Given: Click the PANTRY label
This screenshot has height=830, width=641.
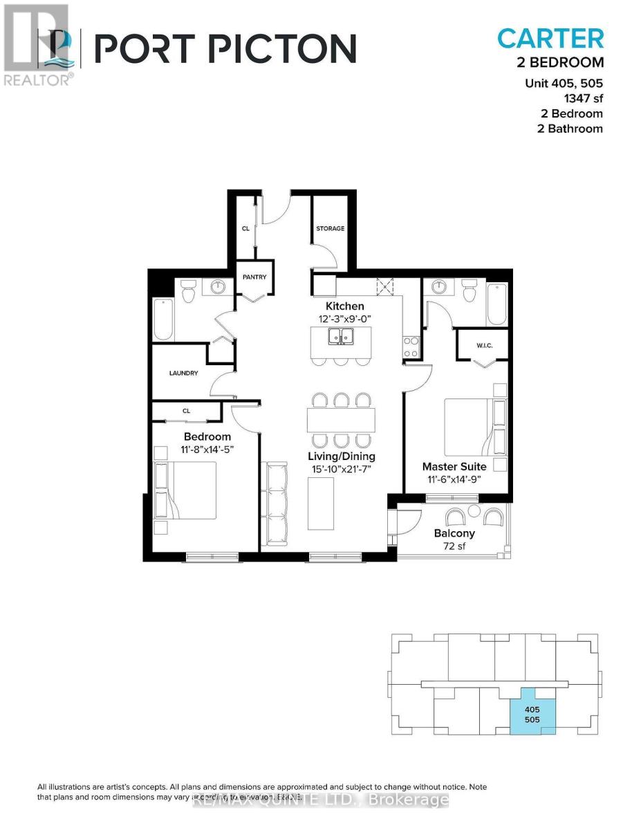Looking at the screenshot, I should [254, 277].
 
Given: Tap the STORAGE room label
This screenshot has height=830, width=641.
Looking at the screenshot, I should [331, 228].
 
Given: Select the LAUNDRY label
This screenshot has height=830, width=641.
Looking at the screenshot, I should [184, 373].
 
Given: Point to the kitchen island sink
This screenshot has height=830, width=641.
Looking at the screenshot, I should [341, 337].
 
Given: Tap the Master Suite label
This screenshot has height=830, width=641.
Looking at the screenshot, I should [454, 467].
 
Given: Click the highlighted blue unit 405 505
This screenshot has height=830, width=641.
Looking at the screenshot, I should [531, 714].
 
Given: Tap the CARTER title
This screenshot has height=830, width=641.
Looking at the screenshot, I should [550, 38].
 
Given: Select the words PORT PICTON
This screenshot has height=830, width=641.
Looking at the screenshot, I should [225, 48].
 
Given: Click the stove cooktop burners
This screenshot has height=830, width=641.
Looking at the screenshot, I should [409, 342].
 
